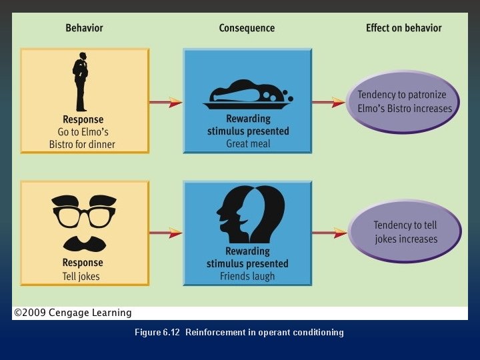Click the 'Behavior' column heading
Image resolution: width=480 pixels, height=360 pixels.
click(x=85, y=28)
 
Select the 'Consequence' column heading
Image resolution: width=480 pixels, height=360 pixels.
click(x=247, y=28)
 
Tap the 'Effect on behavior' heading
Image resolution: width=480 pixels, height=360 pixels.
click(x=403, y=28)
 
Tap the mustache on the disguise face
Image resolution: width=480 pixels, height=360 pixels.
click(x=83, y=241)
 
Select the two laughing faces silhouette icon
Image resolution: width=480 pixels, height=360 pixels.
click(x=248, y=215)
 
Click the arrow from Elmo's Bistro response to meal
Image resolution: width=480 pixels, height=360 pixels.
click(x=165, y=102)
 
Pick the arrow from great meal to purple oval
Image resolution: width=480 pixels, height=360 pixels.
click(x=329, y=103)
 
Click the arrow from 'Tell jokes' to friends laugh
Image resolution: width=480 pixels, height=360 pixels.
click(x=165, y=233)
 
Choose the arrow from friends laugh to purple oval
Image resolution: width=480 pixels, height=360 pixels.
click(x=329, y=233)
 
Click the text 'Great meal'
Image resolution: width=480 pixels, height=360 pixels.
click(x=247, y=144)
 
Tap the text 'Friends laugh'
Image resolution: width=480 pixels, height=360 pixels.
click(x=247, y=276)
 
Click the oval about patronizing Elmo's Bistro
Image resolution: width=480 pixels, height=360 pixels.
click(x=404, y=102)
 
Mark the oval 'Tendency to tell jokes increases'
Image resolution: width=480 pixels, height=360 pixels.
click(x=405, y=232)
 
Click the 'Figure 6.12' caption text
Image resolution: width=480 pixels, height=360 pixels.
click(x=157, y=333)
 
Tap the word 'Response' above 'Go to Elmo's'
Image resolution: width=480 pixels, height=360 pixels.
click(x=83, y=120)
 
